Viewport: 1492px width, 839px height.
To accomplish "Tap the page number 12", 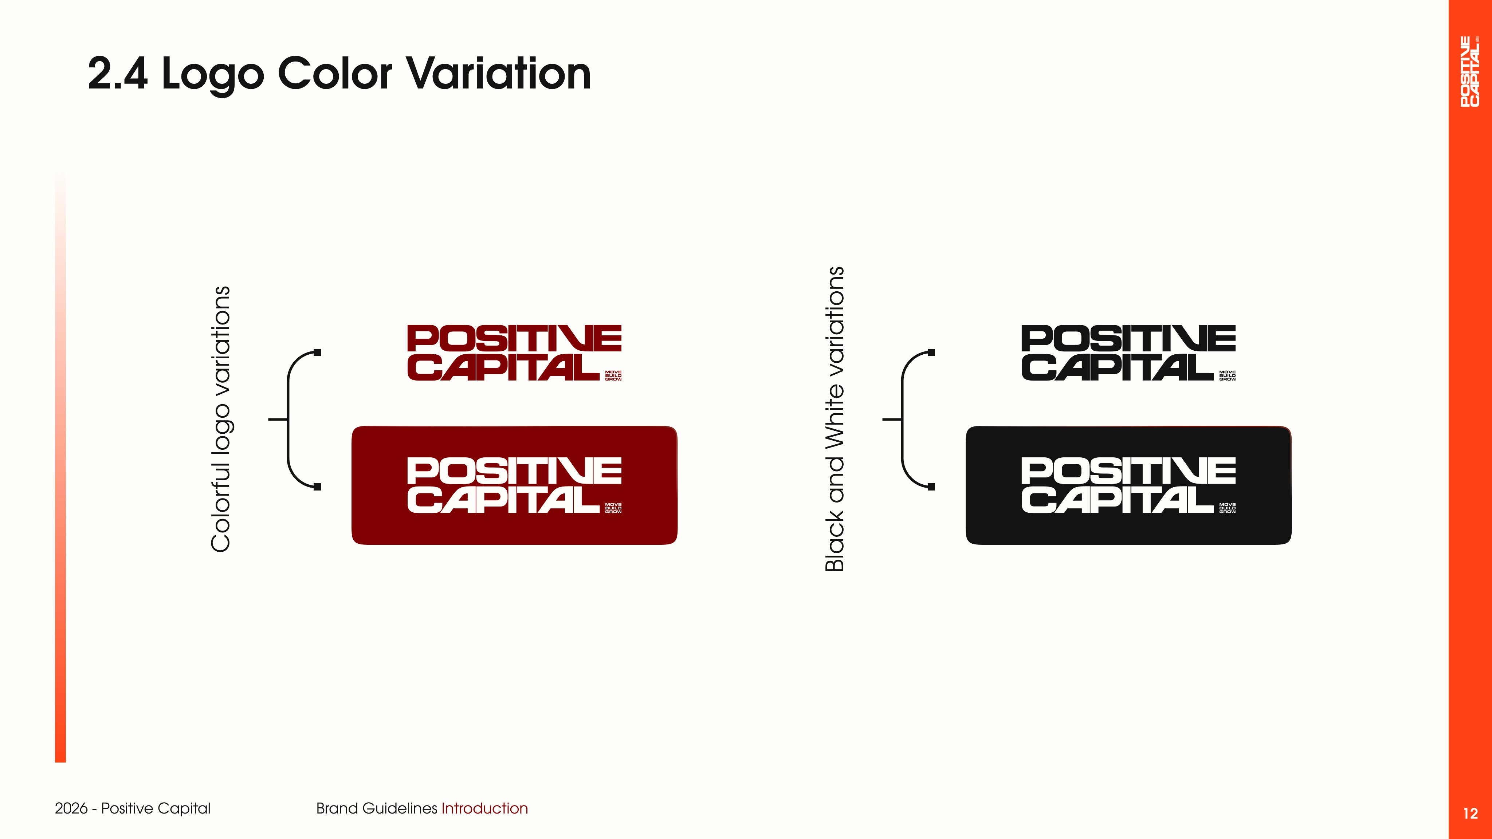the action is pos(1470,814).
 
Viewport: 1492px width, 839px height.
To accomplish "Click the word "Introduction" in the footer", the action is pos(484,808).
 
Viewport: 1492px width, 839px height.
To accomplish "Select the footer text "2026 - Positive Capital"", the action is pos(133,808).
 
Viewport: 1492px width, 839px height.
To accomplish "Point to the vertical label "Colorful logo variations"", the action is pos(221,419).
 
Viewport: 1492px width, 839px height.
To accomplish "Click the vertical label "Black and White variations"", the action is pos(835,419).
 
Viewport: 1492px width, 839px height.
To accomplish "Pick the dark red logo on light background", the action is pos(514,352).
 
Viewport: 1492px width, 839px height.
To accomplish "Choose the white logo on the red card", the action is pos(514,485).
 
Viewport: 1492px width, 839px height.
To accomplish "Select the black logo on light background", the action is pos(1128,352).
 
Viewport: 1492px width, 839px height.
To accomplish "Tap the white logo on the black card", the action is pos(1128,485).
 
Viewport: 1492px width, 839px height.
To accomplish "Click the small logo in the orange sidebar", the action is pos(1470,71).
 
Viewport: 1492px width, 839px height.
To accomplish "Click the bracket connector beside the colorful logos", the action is pos(288,419).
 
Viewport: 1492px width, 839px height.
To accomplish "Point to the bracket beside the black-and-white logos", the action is pos(902,419).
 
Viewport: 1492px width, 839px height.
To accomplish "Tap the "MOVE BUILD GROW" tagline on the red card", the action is pos(613,508).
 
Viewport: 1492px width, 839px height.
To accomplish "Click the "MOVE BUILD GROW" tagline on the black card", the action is pos(1227,508).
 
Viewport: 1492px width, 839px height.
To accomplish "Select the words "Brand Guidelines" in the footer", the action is pos(377,808).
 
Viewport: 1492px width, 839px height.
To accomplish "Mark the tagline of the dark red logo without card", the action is pos(613,376).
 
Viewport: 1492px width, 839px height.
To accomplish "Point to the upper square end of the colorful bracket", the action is pos(317,352).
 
